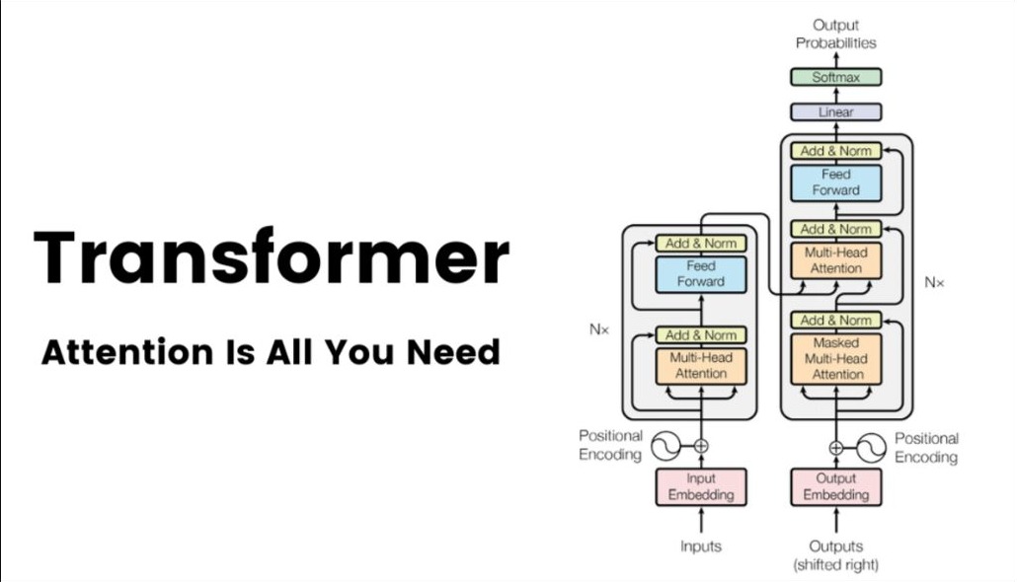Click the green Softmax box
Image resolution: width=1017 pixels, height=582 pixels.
tap(835, 77)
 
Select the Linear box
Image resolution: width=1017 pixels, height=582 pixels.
tap(835, 112)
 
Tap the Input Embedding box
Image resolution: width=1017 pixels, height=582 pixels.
tap(700, 486)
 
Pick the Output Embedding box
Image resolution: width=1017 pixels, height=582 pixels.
tap(835, 486)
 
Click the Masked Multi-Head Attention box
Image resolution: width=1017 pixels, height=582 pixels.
tap(835, 359)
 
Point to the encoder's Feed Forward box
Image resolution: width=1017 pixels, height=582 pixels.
tap(700, 274)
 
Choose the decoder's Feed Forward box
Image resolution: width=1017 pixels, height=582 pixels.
tap(835, 182)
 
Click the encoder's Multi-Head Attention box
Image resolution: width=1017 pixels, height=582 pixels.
tap(700, 366)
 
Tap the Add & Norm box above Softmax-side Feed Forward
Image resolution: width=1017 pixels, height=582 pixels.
tap(835, 151)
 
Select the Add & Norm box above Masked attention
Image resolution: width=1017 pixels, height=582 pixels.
tap(835, 321)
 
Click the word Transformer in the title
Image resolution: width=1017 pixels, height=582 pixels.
tap(272, 257)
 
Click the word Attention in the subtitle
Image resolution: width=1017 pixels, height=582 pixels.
tap(127, 352)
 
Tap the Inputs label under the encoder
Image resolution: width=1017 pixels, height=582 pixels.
tap(700, 546)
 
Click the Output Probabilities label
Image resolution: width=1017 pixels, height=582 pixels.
tap(835, 34)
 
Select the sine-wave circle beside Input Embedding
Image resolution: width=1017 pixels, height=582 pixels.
tap(666, 446)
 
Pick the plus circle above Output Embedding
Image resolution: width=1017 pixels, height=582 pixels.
tap(836, 447)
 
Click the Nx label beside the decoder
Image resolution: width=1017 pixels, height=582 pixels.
tap(934, 282)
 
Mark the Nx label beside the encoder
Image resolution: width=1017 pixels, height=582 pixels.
tap(598, 329)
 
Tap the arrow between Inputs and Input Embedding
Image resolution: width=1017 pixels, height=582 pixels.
tap(700, 521)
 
